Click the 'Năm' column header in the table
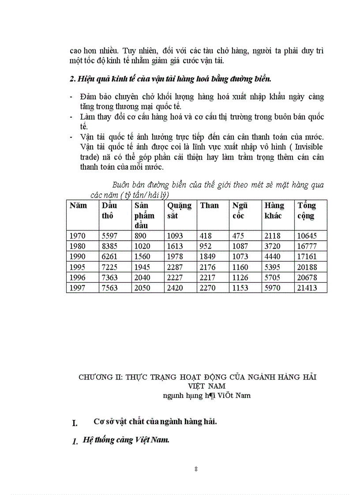click(x=78, y=205)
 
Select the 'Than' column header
click(x=209, y=205)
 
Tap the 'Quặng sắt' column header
click(x=179, y=211)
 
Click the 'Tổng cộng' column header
click(x=307, y=211)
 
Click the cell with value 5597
click(x=109, y=236)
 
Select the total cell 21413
click(x=307, y=288)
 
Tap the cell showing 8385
click(x=109, y=246)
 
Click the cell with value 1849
click(x=209, y=257)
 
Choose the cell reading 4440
click(x=273, y=257)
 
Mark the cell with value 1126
click(x=240, y=278)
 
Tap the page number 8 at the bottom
click(x=196, y=469)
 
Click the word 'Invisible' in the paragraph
click(x=308, y=146)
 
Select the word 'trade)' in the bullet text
click(x=91, y=156)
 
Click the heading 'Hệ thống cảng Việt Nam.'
click(x=126, y=440)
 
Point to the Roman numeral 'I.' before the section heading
click(x=75, y=423)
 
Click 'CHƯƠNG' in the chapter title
click(x=94, y=377)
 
